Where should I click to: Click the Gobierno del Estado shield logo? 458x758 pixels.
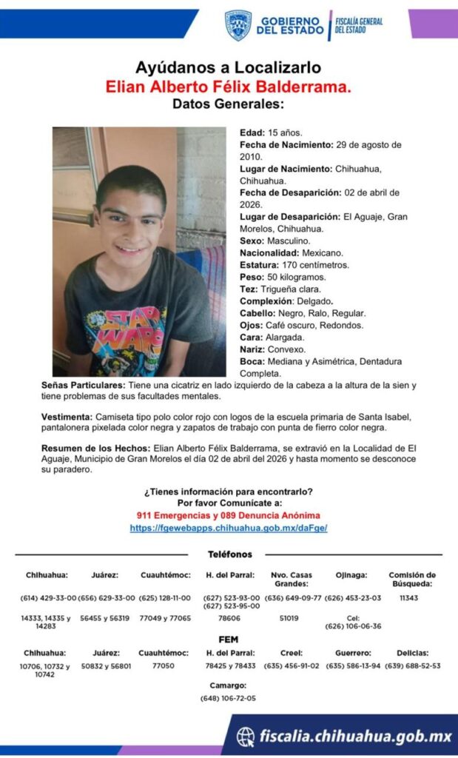point(238,25)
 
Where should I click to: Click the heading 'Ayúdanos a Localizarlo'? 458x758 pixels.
point(228,68)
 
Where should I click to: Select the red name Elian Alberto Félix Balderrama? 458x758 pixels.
point(228,87)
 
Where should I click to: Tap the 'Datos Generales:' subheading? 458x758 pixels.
point(228,104)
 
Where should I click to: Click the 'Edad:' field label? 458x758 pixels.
point(252,133)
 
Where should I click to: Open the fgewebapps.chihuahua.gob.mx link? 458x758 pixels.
point(228,528)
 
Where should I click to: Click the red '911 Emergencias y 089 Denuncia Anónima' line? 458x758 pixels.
point(228,515)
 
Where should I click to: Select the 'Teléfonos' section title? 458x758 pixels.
point(229,554)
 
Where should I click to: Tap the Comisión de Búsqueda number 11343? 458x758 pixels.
point(408,597)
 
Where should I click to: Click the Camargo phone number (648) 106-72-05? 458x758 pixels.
point(228,698)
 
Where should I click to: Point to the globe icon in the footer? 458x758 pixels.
point(246,737)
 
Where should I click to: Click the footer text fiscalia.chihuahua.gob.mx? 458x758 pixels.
point(355,737)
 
